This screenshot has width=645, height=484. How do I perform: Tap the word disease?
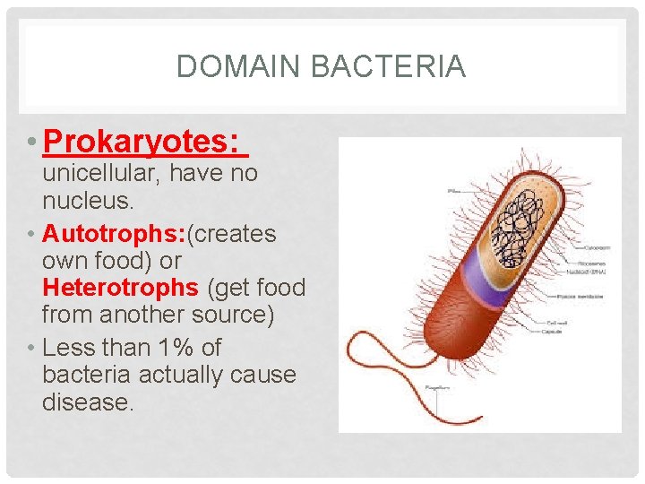point(88,402)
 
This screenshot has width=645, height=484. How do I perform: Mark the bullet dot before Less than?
point(31,348)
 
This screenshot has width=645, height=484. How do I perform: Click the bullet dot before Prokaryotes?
point(31,142)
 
